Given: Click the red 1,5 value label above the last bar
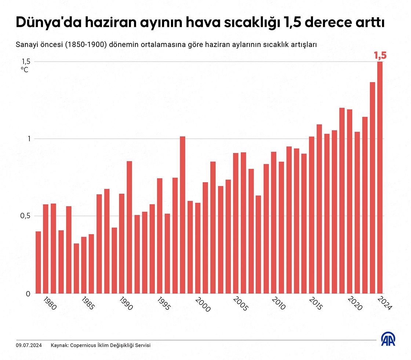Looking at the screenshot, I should (x=380, y=55).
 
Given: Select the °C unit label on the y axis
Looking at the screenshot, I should (x=25, y=69).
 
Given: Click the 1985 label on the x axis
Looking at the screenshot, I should (x=87, y=304).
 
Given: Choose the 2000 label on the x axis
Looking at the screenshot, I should (x=202, y=305).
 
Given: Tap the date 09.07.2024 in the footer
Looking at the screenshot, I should (x=29, y=345).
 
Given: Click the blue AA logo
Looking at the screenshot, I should (x=388, y=339).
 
